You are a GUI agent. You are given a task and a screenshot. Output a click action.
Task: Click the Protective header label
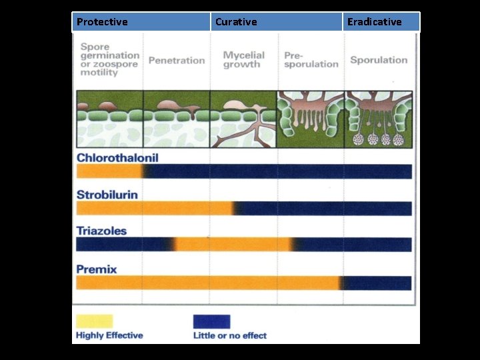click(102, 22)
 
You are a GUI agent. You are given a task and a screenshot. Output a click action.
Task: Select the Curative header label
click(236, 22)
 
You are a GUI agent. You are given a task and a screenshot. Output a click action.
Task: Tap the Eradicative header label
click(375, 22)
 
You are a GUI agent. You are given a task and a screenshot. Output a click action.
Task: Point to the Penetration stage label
click(177, 61)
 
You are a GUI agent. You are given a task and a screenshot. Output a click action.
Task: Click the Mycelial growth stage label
click(243, 60)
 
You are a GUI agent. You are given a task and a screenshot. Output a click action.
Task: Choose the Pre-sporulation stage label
click(311, 60)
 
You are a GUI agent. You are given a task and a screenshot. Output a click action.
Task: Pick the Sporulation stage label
click(379, 60)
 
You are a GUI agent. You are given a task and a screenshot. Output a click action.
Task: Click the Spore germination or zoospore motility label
click(110, 60)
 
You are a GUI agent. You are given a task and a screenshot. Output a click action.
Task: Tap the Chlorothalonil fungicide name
click(117, 158)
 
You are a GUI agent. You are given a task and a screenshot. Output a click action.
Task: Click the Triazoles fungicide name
click(101, 231)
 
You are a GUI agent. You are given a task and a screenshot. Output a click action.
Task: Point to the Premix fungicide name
click(97, 269)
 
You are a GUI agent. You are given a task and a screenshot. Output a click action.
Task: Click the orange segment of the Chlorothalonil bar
click(109, 172)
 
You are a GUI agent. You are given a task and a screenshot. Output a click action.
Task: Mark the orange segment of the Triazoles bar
click(233, 245)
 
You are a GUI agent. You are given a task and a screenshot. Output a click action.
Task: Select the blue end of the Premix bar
click(378, 283)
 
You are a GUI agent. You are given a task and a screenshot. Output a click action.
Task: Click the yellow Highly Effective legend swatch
click(95, 321)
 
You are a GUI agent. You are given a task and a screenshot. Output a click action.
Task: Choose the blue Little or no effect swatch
click(211, 321)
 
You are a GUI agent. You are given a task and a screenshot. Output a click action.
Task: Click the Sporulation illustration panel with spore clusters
click(379, 119)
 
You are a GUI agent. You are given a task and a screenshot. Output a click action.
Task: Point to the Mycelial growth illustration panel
click(243, 119)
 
